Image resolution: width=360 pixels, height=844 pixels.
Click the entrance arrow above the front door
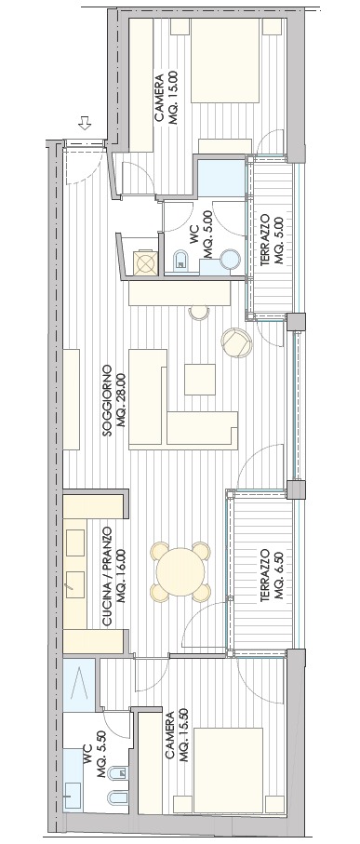click(x=85, y=123)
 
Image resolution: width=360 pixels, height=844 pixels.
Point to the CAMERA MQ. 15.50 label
click(x=175, y=737)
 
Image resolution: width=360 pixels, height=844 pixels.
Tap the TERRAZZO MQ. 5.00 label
click(x=272, y=239)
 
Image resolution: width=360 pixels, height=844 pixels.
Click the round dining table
click(x=180, y=571)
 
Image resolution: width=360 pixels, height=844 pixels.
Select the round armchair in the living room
click(x=237, y=342)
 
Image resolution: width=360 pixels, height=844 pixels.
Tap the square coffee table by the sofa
click(x=200, y=380)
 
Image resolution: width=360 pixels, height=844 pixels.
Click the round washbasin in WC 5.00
click(x=231, y=260)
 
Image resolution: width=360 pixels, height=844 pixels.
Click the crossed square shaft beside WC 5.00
click(x=145, y=262)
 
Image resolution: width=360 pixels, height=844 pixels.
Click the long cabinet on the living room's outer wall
click(x=72, y=399)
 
